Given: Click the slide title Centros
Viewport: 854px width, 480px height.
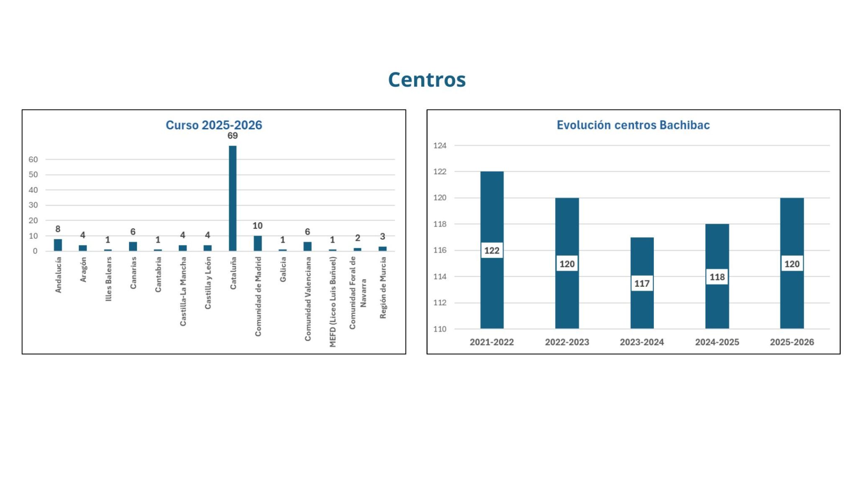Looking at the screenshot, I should click(427, 80).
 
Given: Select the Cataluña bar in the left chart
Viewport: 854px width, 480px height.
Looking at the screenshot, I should click(232, 198).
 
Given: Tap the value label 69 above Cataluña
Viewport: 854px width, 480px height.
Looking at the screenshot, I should click(232, 136).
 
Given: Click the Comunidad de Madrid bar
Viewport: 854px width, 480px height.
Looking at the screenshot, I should click(257, 243).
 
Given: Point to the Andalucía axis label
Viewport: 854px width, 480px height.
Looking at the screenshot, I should click(58, 275).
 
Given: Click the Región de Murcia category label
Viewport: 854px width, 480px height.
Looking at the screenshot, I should click(383, 287).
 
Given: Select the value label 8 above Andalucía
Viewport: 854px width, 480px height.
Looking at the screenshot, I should click(58, 229).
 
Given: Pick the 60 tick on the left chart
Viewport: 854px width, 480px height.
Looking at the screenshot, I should click(33, 159).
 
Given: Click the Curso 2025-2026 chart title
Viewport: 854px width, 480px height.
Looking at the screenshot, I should click(213, 125).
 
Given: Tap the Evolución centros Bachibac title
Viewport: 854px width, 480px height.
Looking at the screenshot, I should click(633, 125).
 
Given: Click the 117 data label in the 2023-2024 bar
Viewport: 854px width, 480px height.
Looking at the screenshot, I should click(642, 284).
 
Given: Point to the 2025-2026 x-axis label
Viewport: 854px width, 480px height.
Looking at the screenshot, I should click(792, 342).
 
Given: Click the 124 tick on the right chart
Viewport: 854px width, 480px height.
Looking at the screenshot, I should click(440, 146).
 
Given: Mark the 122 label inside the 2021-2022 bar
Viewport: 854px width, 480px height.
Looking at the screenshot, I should click(492, 251).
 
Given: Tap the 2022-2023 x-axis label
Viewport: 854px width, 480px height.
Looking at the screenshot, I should click(567, 342).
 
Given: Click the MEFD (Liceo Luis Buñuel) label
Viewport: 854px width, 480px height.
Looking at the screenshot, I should click(333, 302).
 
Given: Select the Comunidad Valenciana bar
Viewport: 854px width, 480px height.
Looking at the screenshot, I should click(307, 246).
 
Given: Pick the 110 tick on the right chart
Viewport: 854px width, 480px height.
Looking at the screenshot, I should click(440, 329).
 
